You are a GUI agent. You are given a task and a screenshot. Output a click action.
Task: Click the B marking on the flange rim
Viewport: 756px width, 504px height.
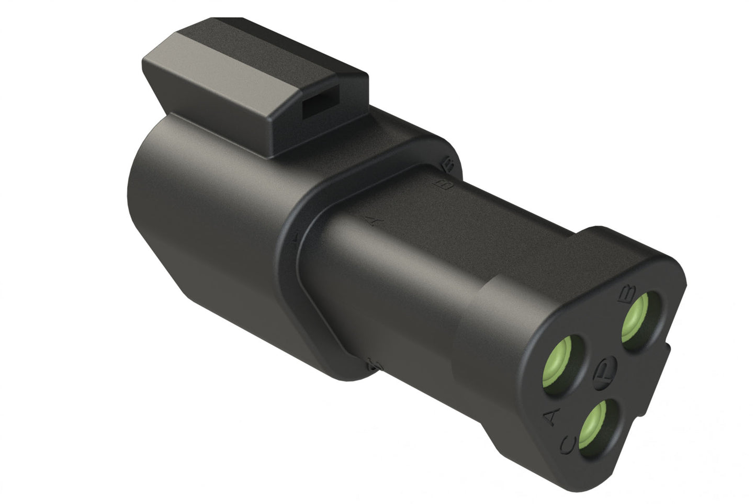click(x=448, y=163)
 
